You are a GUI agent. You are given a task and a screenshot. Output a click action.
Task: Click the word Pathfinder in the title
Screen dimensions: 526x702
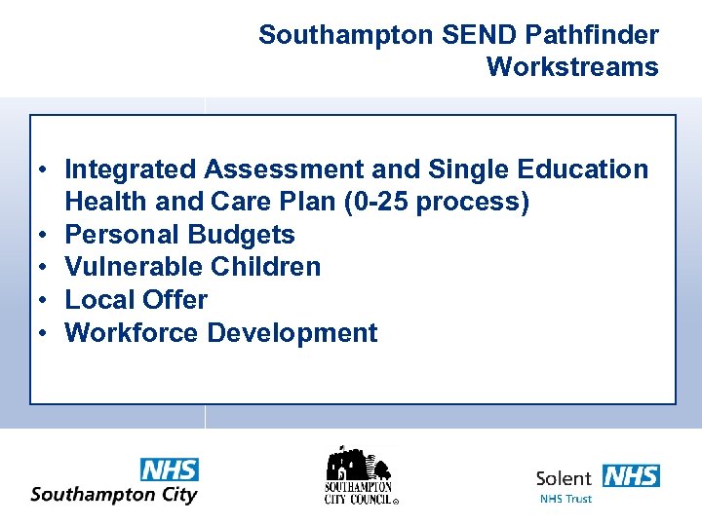[592, 36]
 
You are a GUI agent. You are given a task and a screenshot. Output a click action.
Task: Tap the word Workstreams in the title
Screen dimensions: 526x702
[572, 67]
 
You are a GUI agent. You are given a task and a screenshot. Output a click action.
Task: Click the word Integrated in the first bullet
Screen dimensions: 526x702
[130, 169]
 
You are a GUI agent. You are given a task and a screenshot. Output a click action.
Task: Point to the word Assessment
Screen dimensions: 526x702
[284, 169]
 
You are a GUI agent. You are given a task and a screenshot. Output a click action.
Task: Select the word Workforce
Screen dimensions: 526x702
[132, 333]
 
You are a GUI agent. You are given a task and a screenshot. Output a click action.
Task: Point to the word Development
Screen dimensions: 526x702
[292, 333]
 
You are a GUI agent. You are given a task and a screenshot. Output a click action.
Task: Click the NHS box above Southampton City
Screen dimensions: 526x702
[169, 470]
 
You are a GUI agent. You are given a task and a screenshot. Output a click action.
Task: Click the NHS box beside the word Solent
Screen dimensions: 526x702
[630, 476]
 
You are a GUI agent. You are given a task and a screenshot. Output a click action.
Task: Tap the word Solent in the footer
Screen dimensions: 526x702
[564, 478]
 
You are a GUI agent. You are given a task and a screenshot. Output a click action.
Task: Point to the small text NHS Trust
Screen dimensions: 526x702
[565, 499]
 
